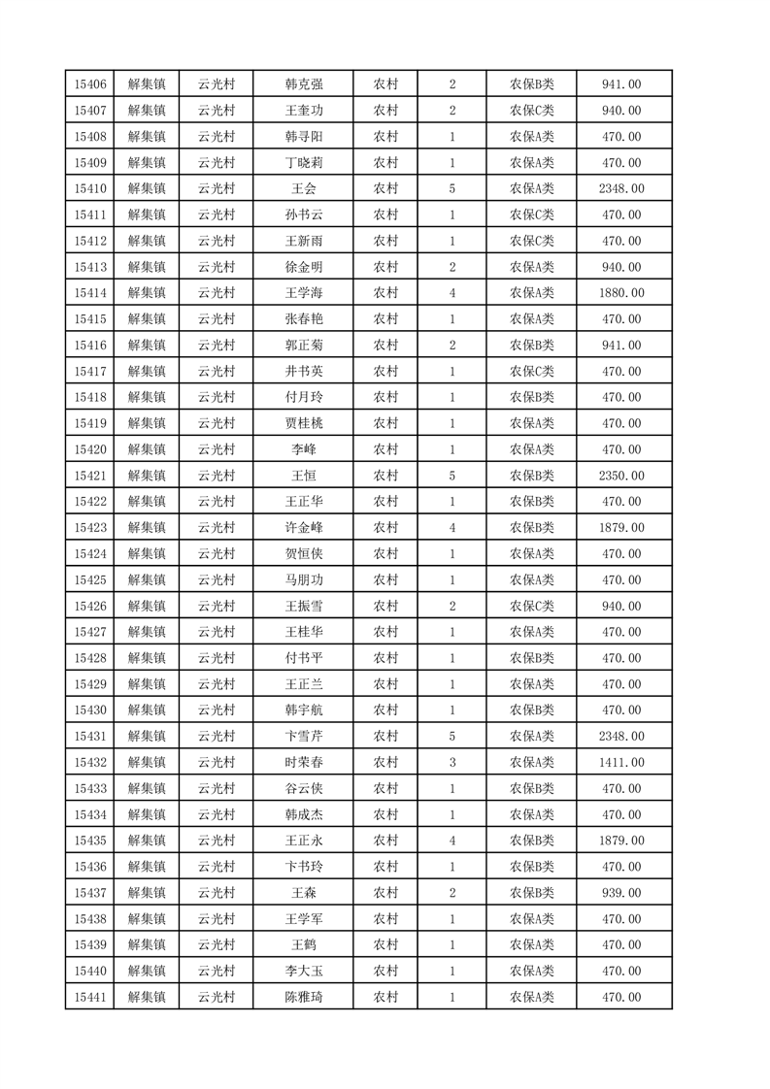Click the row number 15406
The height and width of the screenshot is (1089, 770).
89,84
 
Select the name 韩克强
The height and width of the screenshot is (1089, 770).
304,84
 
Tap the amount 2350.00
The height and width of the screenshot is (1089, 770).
621,476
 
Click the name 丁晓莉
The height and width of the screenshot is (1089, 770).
304,163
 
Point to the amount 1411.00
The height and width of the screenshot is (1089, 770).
621,762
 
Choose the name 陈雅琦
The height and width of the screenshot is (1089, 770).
304,997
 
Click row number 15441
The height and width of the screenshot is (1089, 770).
89,997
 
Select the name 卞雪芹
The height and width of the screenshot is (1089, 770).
304,736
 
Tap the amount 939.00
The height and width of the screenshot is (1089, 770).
621,892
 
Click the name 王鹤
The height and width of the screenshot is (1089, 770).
304,944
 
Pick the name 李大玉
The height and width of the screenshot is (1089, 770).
304,971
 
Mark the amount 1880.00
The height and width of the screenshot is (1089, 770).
621,293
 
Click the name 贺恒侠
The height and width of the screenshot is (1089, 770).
304,553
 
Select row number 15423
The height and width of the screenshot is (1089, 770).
89,527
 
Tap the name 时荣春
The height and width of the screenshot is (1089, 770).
304,762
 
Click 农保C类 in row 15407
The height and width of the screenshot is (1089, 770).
531,111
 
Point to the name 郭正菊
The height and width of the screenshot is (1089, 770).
304,345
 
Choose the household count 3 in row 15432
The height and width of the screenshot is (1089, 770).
452,762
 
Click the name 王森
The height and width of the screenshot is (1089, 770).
304,892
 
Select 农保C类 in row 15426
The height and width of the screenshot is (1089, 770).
531,606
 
